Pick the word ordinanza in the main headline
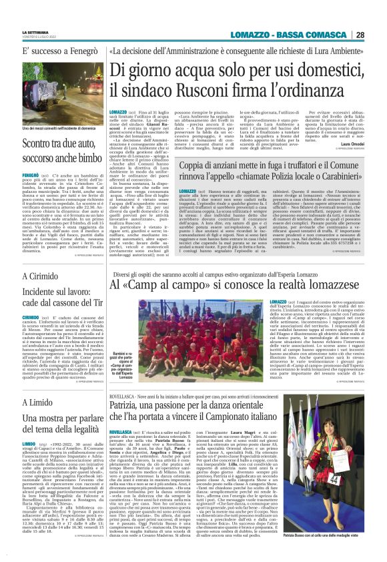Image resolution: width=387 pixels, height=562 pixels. coord(316,87)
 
